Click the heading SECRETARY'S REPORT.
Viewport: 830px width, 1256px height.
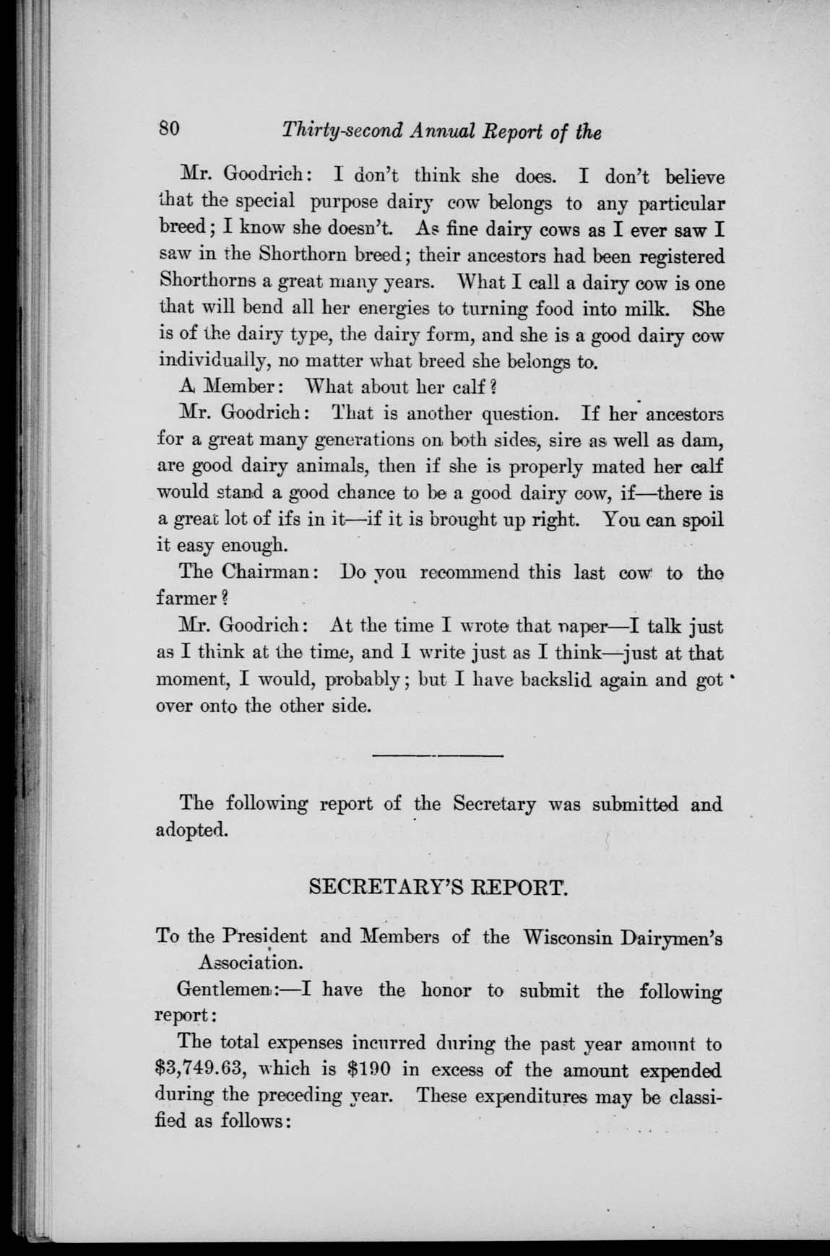(x=439, y=887)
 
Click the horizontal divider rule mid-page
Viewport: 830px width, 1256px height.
(x=437, y=755)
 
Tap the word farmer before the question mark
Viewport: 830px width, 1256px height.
(x=187, y=598)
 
